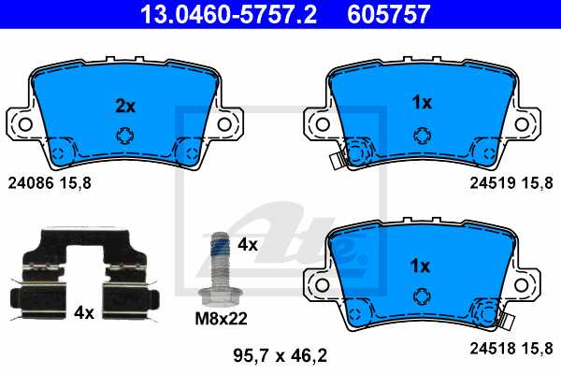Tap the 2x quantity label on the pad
click(124, 106)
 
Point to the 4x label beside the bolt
click(247, 244)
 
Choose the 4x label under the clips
click(84, 313)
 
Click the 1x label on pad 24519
click(422, 103)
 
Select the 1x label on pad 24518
click(422, 266)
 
